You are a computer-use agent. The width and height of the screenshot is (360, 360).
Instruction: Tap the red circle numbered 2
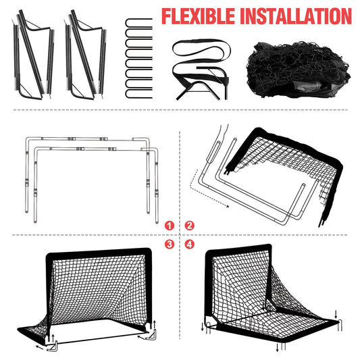[x=190, y=225]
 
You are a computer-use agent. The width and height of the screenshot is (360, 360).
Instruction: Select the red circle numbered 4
[x=190, y=244]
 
